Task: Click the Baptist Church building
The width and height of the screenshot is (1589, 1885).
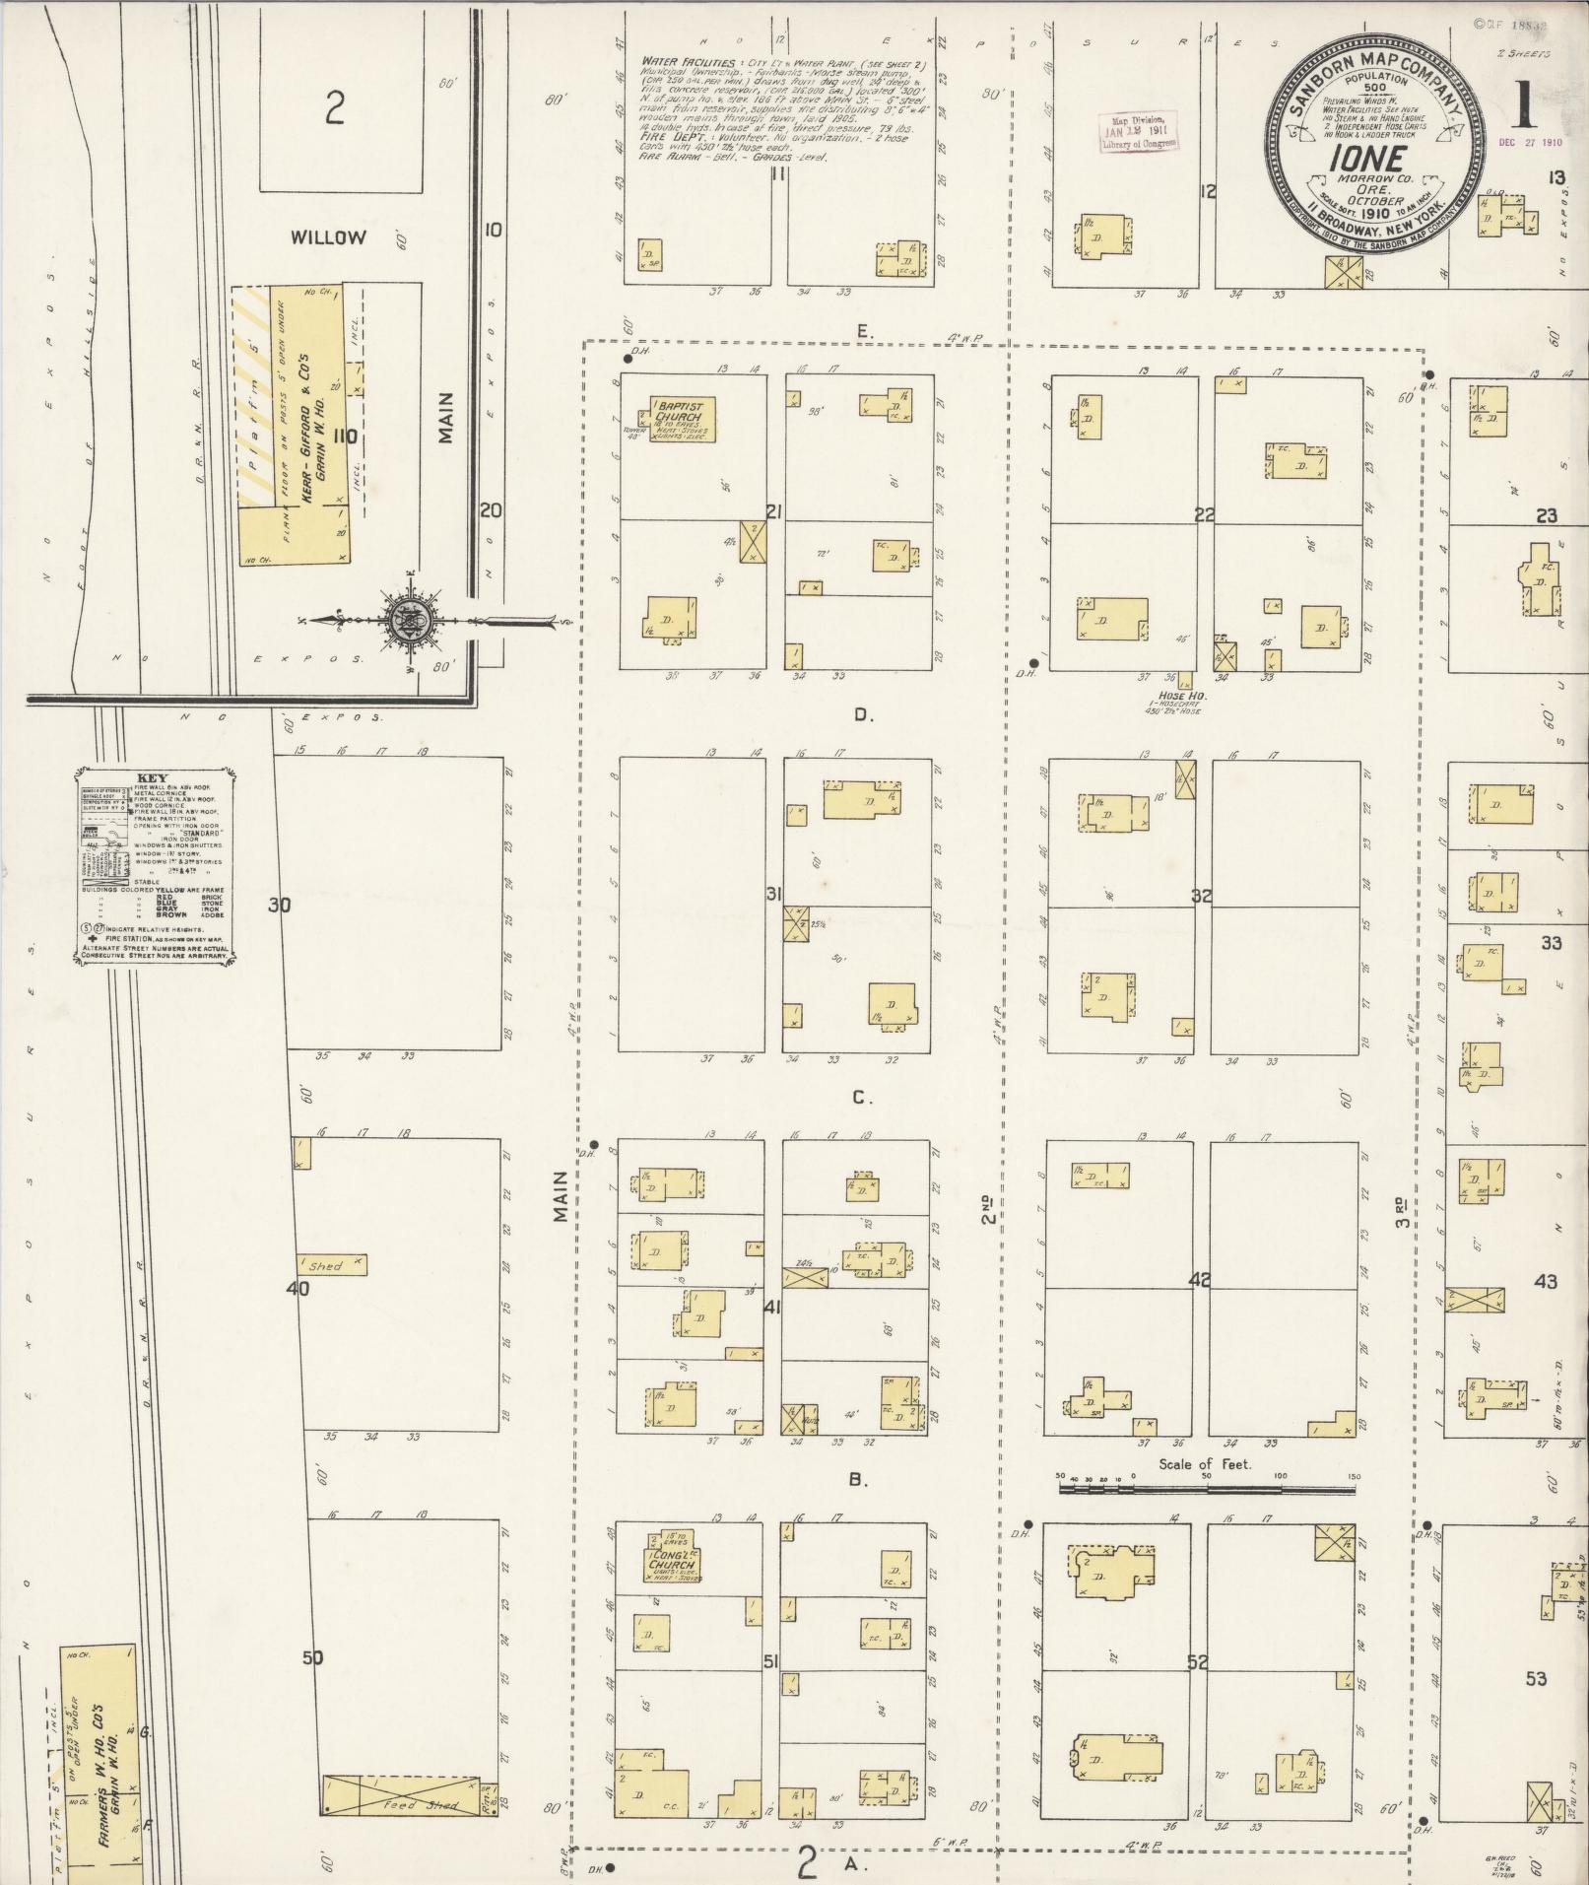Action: click(x=682, y=420)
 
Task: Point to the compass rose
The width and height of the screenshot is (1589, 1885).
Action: click(x=407, y=621)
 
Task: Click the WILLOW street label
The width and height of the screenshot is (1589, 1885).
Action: click(x=328, y=237)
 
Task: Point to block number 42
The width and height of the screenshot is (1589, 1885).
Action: click(x=1199, y=1280)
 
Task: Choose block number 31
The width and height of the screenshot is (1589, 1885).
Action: click(x=773, y=895)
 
